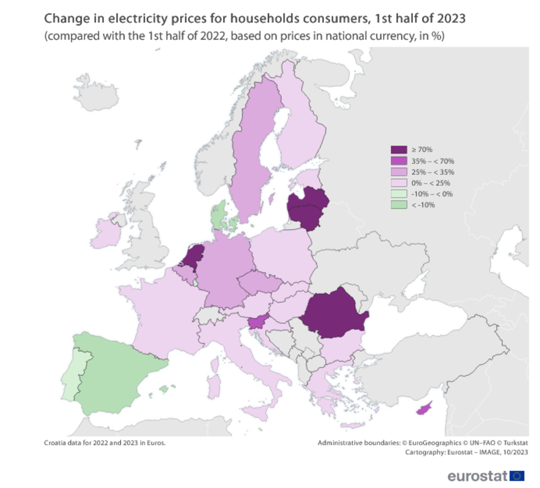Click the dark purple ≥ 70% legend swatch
tap(399, 150)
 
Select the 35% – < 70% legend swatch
tap(399, 161)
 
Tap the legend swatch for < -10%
tap(399, 205)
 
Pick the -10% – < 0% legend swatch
tap(399, 194)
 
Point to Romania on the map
tap(333, 313)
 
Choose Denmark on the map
tap(219, 216)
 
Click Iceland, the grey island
tap(96, 93)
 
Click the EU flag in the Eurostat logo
tap(517, 476)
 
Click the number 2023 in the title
tap(451, 19)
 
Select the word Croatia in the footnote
tap(53, 443)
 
